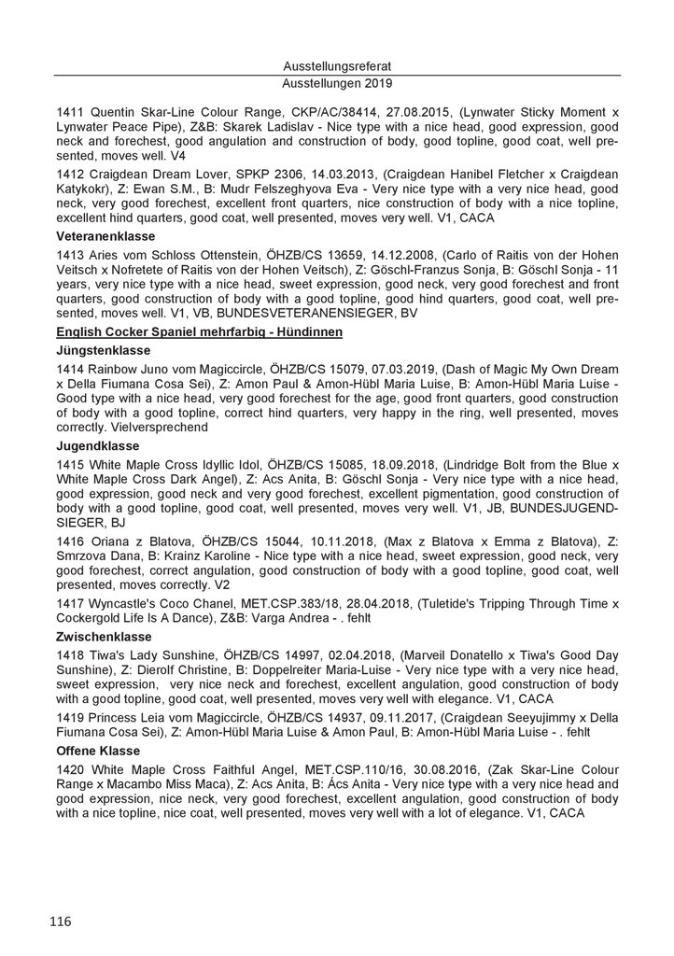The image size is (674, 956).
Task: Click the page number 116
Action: [x=61, y=921]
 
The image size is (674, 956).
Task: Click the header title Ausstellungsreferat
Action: [x=336, y=67]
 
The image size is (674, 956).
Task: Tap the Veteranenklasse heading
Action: [x=100, y=236]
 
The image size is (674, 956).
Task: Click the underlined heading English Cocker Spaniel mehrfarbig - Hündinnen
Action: [x=201, y=332]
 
